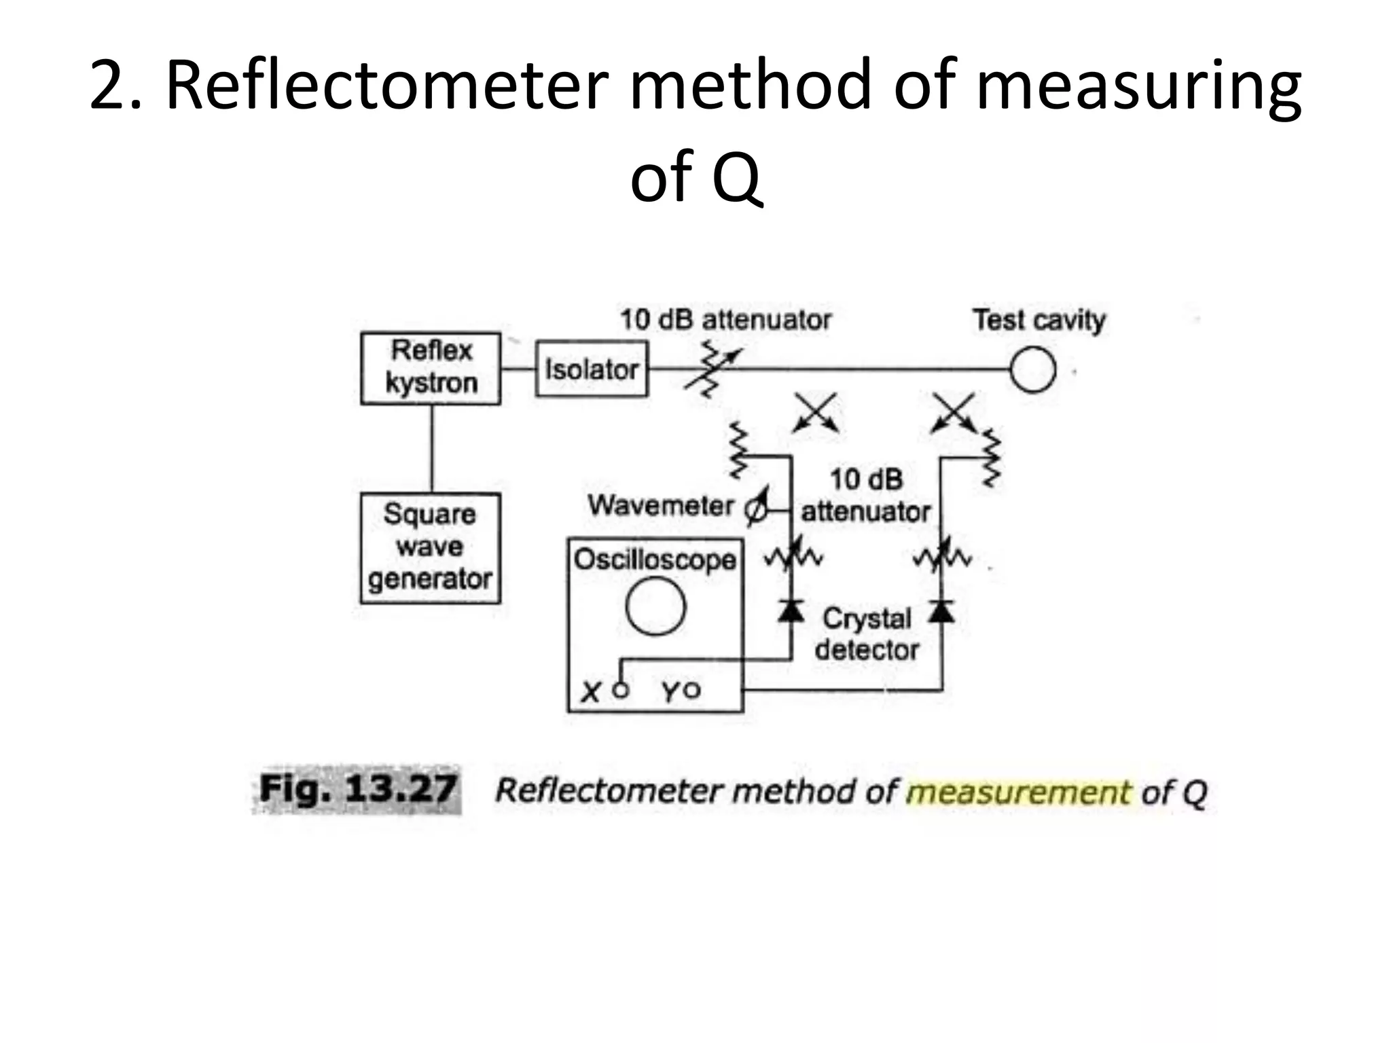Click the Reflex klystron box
pos(431,368)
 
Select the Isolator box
pos(592,369)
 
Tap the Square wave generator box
pos(430,548)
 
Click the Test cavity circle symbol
pos(1032,370)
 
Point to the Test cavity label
pos(1038,319)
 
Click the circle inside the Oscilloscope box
pos(655,606)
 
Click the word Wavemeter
pos(661,506)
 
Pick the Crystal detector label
pos(867,634)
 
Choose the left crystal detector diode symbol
pos(791,611)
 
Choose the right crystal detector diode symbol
pos(941,611)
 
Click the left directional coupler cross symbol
pos(816,412)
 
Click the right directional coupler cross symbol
pos(954,412)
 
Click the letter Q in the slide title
pos(736,178)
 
